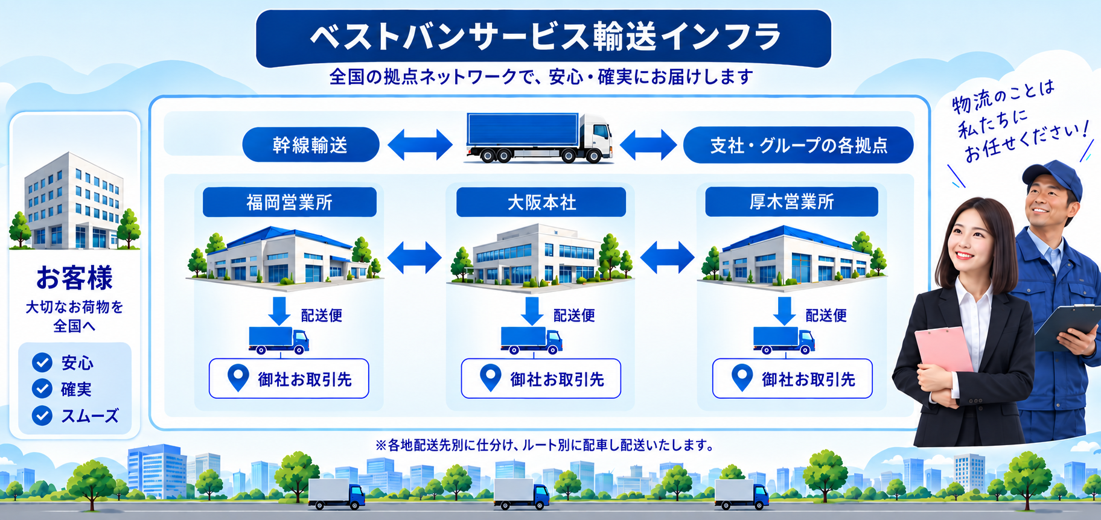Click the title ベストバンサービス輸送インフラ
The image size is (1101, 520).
click(545, 37)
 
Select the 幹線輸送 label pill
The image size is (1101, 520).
click(310, 145)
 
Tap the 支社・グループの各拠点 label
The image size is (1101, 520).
click(798, 145)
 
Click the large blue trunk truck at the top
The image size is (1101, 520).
click(540, 138)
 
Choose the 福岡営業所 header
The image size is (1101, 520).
click(289, 202)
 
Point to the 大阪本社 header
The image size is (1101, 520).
click(541, 202)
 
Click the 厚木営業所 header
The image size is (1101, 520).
click(791, 201)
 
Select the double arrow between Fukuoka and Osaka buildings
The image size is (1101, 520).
click(414, 258)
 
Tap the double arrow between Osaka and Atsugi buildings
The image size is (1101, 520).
click(667, 258)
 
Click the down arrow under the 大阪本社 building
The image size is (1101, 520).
click(532, 311)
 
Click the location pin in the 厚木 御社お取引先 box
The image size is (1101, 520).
click(742, 378)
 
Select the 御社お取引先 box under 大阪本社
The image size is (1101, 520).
click(541, 379)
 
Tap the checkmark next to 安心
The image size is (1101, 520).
click(42, 362)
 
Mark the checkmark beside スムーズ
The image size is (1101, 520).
click(42, 415)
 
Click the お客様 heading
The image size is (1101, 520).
click(74, 278)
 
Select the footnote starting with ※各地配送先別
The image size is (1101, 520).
click(544, 445)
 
